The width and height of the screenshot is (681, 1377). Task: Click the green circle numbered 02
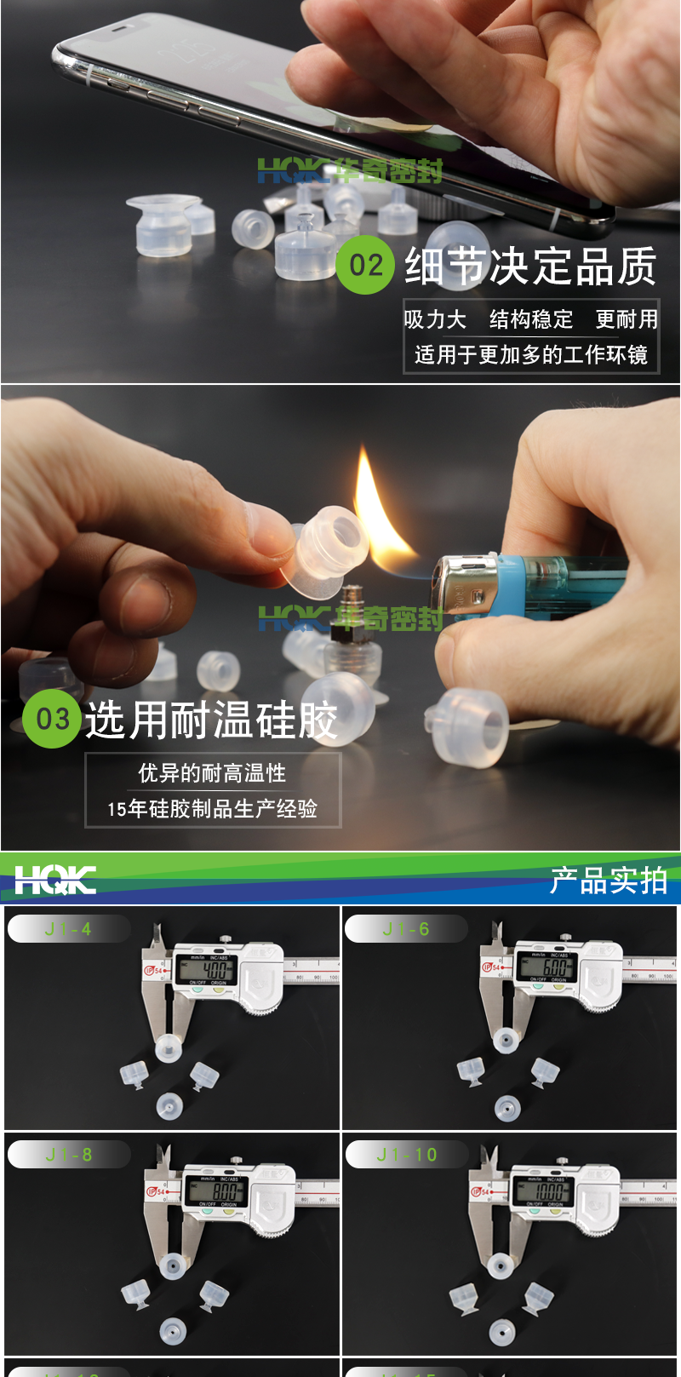click(x=366, y=265)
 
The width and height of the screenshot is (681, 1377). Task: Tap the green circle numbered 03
click(x=52, y=719)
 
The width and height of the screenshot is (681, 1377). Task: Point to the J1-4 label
click(x=68, y=929)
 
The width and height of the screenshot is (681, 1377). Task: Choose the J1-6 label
click(x=406, y=929)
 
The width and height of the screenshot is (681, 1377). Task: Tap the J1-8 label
click(x=68, y=1155)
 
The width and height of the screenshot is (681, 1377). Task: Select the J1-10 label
click(x=406, y=1155)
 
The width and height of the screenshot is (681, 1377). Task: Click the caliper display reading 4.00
click(x=207, y=969)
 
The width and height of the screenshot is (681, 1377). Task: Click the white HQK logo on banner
click(x=55, y=880)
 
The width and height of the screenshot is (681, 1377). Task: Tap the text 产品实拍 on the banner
click(x=608, y=881)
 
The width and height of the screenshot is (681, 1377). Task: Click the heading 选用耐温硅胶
click(x=211, y=720)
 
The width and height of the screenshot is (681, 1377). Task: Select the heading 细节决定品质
click(x=530, y=266)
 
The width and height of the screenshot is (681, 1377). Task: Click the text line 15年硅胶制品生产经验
click(x=213, y=808)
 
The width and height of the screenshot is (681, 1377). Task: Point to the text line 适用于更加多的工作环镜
click(x=530, y=354)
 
